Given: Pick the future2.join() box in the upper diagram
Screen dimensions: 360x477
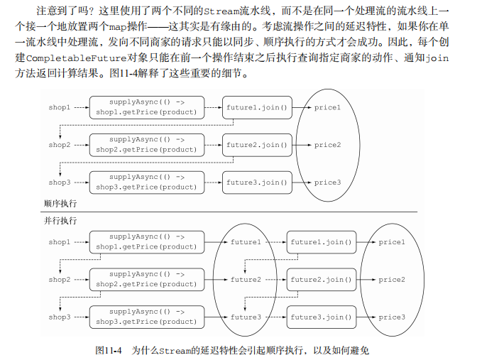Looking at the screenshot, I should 257,145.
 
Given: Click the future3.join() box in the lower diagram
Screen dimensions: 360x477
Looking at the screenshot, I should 320,317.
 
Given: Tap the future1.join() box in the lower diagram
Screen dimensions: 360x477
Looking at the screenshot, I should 320,242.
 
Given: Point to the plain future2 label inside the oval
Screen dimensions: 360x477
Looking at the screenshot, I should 246,280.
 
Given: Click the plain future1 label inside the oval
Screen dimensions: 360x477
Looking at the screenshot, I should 246,242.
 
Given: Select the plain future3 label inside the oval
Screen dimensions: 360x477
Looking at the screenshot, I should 246,317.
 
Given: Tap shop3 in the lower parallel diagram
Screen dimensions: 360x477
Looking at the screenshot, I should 59,317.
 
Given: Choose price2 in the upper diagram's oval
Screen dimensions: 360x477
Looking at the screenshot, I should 327,145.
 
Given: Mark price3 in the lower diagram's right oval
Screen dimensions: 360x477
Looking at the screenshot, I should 392,317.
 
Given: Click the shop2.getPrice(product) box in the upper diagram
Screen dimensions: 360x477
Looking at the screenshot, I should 147,145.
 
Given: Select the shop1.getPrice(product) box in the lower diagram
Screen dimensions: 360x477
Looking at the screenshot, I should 147,242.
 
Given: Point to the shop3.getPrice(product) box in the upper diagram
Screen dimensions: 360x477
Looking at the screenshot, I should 147,182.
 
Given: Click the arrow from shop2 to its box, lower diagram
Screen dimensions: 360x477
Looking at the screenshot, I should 79,280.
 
